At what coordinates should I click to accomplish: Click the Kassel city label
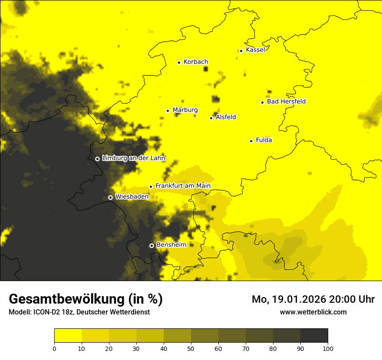click(x=255, y=50)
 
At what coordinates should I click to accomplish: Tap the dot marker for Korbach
click(x=179, y=62)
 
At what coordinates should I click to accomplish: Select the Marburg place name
click(x=185, y=110)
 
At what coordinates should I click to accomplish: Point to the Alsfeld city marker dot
click(x=211, y=118)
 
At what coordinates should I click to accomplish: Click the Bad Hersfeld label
click(x=286, y=102)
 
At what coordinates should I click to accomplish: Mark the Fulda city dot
click(x=251, y=141)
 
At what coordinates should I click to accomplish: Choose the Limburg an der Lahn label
click(x=133, y=158)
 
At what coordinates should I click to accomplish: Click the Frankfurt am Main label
click(x=183, y=186)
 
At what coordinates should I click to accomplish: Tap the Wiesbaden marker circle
click(x=110, y=197)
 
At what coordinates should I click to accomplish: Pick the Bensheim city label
click(x=171, y=245)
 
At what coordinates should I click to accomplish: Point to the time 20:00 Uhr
click(x=352, y=299)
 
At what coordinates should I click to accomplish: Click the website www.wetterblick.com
click(x=313, y=312)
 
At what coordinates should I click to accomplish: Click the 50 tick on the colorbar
click(x=191, y=348)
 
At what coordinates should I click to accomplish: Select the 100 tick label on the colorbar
click(x=328, y=348)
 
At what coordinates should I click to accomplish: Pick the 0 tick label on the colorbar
click(x=54, y=348)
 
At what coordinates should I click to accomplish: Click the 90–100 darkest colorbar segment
click(x=314, y=335)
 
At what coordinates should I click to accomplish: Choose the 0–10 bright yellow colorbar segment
click(x=68, y=335)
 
